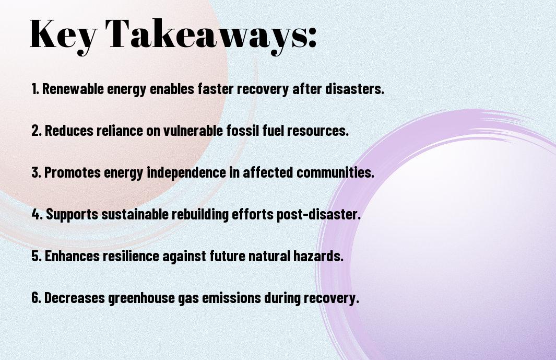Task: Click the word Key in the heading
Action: tap(61, 34)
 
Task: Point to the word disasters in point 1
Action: tap(354, 89)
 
